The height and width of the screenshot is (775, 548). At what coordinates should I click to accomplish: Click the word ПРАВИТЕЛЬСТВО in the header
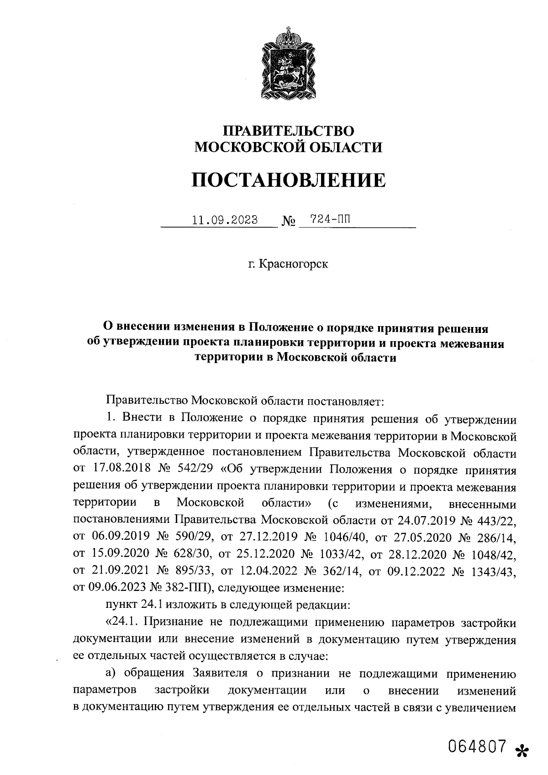[288, 132]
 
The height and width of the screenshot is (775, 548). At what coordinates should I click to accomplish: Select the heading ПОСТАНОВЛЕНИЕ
[288, 180]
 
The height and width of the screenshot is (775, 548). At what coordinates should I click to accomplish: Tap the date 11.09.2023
[225, 220]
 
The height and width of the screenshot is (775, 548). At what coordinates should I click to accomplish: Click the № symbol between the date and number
[288, 222]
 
